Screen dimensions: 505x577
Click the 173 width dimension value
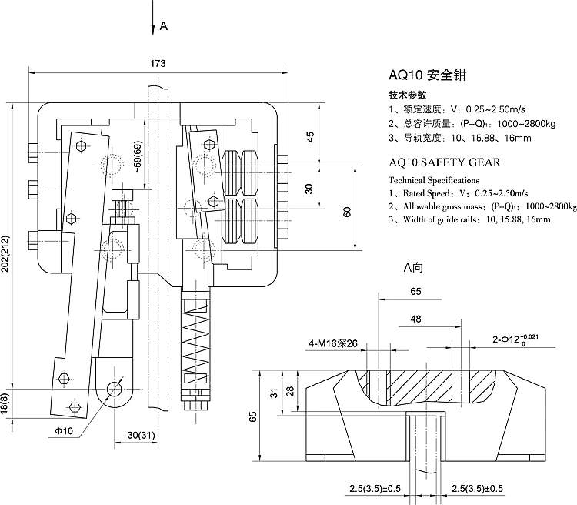click(157, 62)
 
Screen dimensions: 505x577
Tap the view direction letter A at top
click(163, 25)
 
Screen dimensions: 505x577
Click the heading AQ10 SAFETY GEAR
click(445, 162)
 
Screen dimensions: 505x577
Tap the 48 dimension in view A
click(415, 318)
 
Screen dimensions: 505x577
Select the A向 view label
click(414, 268)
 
